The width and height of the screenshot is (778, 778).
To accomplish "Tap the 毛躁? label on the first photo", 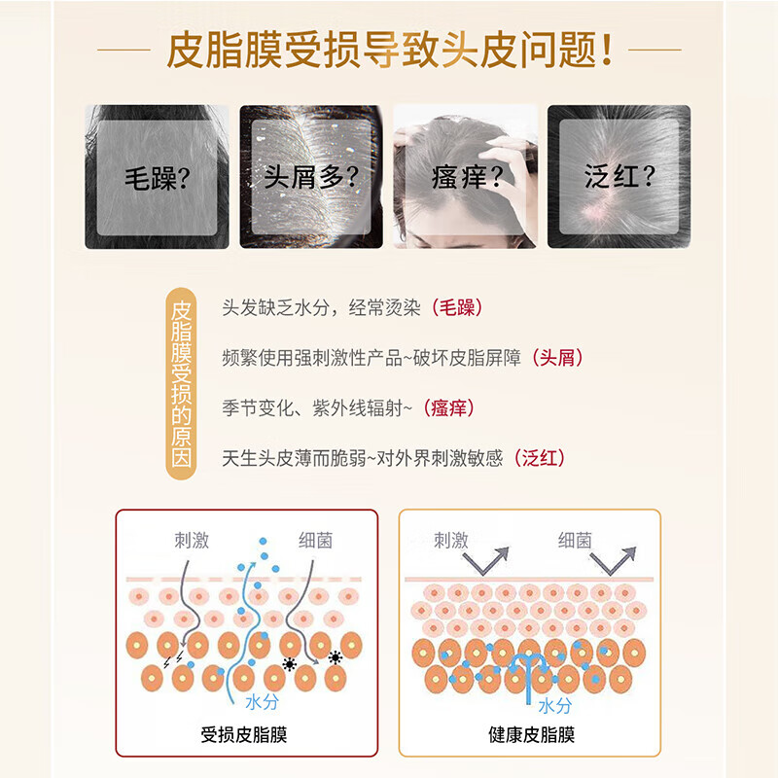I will coord(157,178).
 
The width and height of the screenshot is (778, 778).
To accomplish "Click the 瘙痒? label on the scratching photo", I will coord(465,178).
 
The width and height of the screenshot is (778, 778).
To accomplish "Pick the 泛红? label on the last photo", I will coord(619,178).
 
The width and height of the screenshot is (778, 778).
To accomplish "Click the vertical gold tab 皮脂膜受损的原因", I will coord(180,383).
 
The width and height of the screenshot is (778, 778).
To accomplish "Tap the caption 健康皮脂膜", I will coord(531,734).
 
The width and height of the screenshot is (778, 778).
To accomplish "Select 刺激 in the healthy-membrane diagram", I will coord(450,541).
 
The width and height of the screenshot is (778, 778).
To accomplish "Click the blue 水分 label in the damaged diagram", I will coord(262,700).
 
